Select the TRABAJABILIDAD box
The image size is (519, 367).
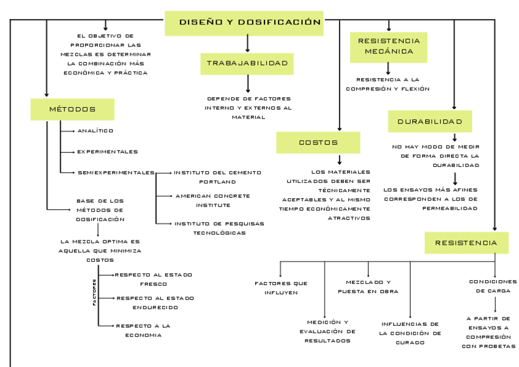[x=247, y=64]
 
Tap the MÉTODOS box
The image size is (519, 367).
[x=72, y=109]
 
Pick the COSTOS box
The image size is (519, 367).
[x=318, y=143]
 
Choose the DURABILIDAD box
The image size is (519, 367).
[x=430, y=122]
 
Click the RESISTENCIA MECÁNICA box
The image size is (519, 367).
[x=389, y=46]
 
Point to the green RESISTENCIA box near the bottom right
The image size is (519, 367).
[x=466, y=243]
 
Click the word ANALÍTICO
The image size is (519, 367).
[x=95, y=131]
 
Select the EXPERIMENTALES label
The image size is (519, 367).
[x=107, y=152]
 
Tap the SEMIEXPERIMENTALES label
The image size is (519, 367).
[x=116, y=172]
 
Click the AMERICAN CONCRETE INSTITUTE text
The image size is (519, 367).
[x=212, y=200]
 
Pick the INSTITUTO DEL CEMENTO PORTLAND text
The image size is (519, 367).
[x=217, y=177]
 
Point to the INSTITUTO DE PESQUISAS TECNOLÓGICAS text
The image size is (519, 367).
[x=218, y=228]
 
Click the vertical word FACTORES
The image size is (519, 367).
[x=94, y=293]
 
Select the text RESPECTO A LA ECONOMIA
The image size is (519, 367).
[x=143, y=330]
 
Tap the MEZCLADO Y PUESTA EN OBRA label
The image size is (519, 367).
[x=368, y=286]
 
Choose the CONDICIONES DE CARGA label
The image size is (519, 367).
[x=493, y=286]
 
